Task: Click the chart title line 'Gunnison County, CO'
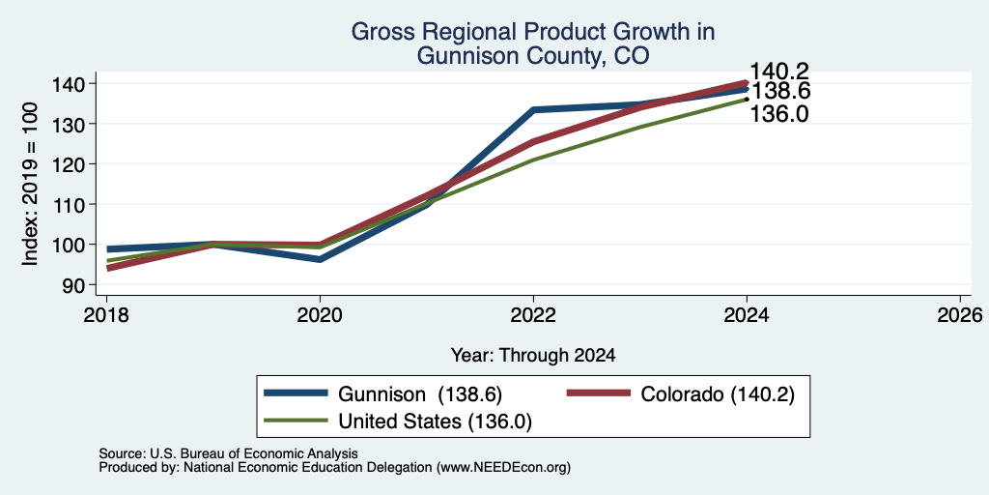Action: coord(533,57)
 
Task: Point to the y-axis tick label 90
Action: coord(82,285)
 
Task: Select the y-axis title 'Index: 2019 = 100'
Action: coord(30,185)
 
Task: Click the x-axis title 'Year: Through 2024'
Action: coord(533,356)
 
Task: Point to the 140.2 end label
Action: coord(779,72)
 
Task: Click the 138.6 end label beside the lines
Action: coord(779,92)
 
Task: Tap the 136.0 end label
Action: coord(779,114)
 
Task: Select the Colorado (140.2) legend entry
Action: coord(681,394)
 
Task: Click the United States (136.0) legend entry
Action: coord(398,421)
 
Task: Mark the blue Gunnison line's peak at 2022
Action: coord(533,110)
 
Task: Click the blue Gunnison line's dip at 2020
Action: coord(320,259)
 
